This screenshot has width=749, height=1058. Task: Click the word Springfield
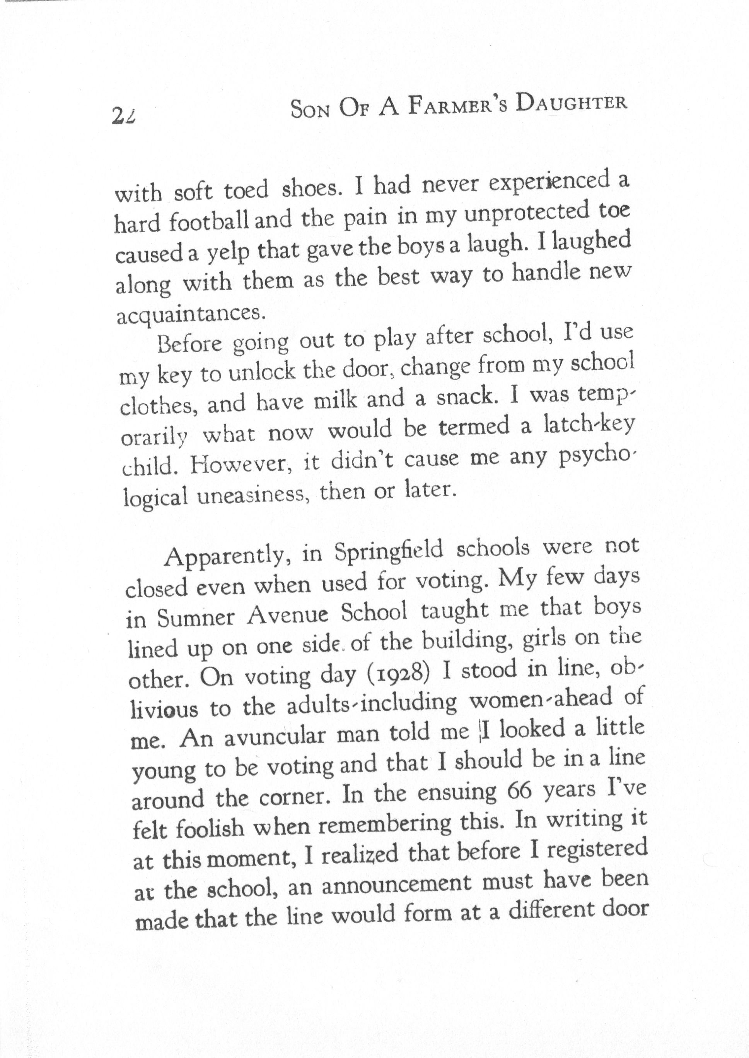pos(389,551)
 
